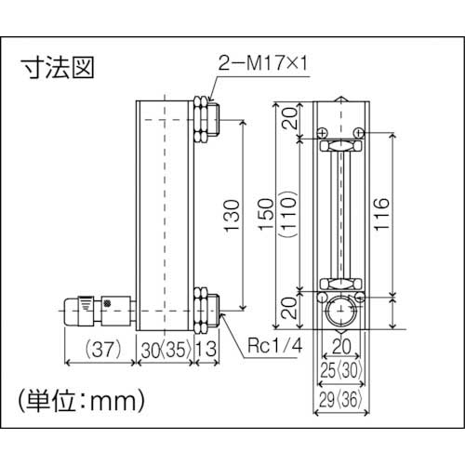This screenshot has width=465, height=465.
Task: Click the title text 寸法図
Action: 58,69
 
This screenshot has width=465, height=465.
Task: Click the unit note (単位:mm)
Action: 81,402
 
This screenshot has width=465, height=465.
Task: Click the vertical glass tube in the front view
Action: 339,214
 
